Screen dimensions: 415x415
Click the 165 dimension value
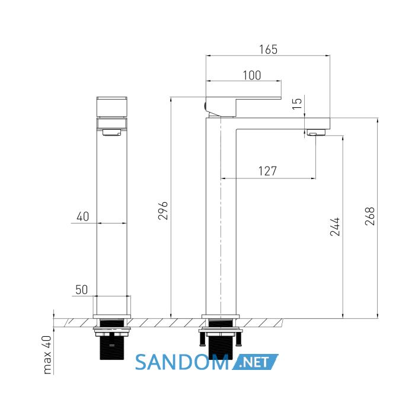pos(268,49)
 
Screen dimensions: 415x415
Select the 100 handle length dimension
pos(252,75)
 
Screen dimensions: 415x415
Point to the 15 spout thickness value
pos(297,104)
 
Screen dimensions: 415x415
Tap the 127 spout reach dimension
pos(267,171)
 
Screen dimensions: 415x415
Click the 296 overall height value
pos(163,210)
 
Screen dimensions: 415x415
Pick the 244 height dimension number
pos(334,226)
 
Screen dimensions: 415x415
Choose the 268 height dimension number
pos(370,216)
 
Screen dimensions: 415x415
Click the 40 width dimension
pos(83,216)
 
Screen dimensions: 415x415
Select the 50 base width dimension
pos(82,290)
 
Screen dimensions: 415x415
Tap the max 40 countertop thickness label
pos(47,355)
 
